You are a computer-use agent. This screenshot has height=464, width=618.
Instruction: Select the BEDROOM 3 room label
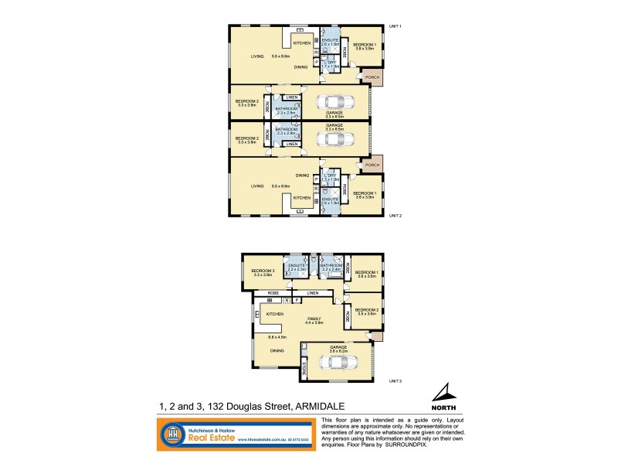click(x=263, y=271)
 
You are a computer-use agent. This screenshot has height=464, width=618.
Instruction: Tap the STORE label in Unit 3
click(x=305, y=368)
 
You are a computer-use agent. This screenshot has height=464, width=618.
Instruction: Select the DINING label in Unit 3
click(x=277, y=351)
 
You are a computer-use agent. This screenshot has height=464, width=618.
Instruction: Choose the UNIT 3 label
click(x=395, y=381)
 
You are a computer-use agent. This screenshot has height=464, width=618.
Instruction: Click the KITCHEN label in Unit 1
click(x=301, y=43)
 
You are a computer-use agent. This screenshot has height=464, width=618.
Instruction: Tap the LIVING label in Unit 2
click(x=246, y=186)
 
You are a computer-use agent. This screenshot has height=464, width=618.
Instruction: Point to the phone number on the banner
click(x=297, y=441)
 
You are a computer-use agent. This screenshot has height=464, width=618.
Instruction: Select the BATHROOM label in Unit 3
click(x=333, y=265)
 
